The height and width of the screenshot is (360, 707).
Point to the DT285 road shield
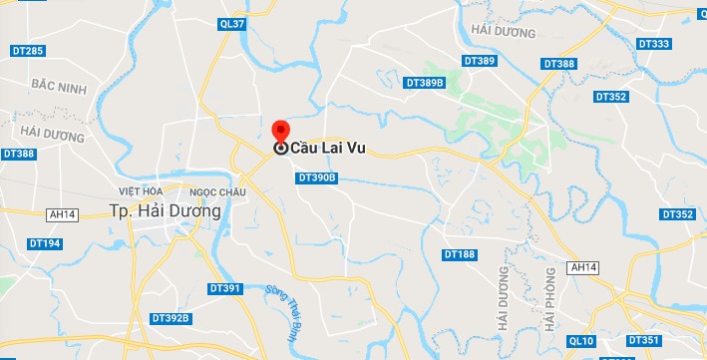point(28,51)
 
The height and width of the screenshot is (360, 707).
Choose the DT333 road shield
point(653,44)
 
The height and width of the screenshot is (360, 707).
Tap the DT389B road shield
point(424,83)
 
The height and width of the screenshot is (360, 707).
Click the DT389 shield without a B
point(480,61)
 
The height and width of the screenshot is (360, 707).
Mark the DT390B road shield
point(318,178)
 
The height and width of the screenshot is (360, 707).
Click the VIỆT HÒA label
point(140,190)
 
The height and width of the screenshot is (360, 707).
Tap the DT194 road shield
point(45,243)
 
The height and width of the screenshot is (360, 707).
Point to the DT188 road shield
point(459,254)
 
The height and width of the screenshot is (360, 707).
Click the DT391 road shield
point(226,288)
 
